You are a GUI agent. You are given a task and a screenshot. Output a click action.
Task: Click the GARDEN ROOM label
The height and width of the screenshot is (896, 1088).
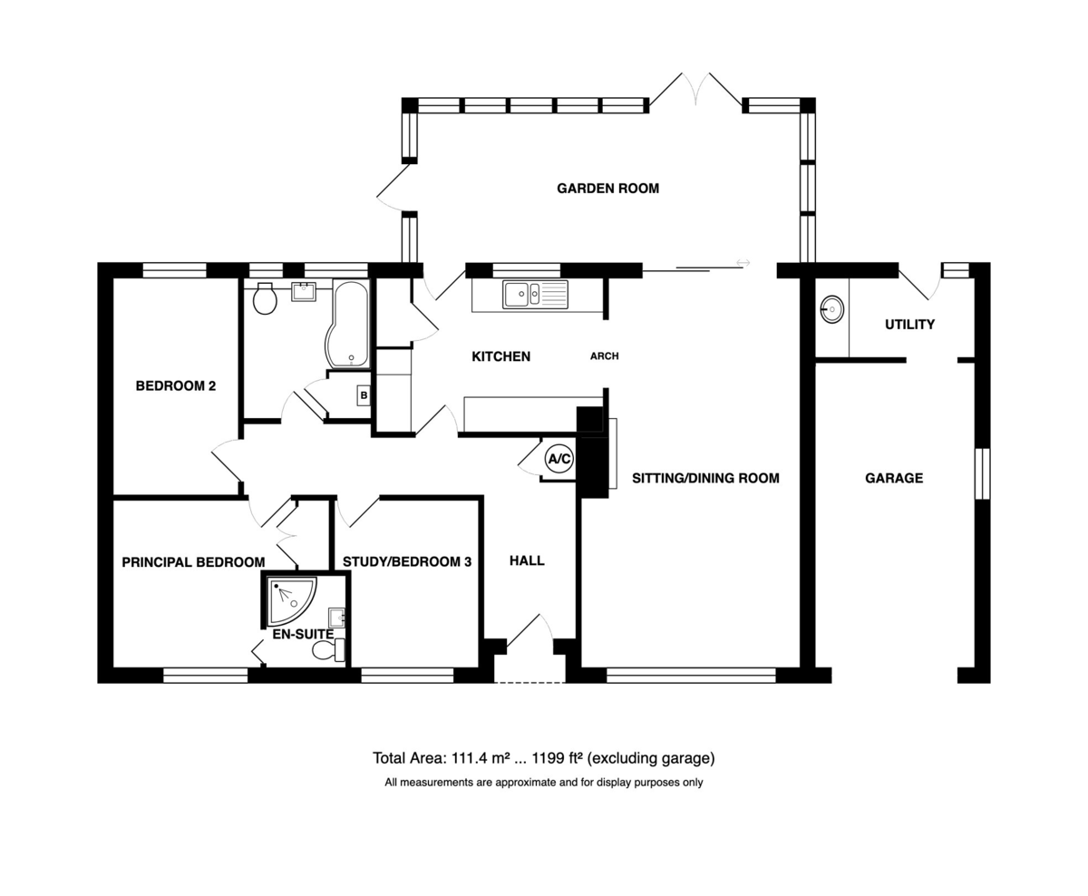(x=607, y=189)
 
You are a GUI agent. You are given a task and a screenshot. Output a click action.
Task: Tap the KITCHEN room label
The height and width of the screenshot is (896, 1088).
(x=500, y=356)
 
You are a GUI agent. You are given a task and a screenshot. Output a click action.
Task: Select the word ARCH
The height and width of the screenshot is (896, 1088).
(x=604, y=356)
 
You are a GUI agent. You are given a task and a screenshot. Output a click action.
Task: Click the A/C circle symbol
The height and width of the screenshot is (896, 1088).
(x=559, y=458)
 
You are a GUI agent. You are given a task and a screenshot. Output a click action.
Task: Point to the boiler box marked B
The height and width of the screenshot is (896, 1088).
(x=364, y=395)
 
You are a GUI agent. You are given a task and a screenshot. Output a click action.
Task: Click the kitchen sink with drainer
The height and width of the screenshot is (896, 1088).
(x=536, y=295)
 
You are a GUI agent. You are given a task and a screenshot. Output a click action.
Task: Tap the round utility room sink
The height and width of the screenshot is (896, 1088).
(x=831, y=309)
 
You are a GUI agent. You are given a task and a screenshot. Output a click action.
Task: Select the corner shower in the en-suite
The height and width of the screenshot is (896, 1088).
(x=291, y=602)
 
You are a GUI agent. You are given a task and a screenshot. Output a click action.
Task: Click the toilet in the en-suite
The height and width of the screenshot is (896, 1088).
(x=328, y=650)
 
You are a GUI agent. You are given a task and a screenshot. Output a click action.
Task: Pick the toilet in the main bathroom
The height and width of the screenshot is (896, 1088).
(x=265, y=298)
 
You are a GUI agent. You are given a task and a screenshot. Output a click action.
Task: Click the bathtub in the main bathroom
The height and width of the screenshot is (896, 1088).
(x=347, y=324)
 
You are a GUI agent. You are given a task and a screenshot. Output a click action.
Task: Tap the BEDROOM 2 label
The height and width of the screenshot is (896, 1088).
(x=175, y=386)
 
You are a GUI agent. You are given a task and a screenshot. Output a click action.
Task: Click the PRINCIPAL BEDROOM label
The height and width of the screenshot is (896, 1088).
(x=193, y=562)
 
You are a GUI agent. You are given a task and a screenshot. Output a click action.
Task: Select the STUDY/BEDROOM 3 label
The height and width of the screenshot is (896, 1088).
(x=407, y=561)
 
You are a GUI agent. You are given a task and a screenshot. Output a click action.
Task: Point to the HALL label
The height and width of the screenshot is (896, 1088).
(x=527, y=560)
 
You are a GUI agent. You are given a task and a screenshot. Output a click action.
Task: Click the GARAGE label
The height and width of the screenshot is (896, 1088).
(x=894, y=479)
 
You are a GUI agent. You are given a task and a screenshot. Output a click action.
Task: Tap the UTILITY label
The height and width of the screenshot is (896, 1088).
(x=909, y=325)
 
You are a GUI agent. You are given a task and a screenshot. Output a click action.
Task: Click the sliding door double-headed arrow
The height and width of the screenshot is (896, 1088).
(x=743, y=263)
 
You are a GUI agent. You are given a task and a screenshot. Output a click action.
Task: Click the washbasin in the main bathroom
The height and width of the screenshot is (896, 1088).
(x=304, y=292)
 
